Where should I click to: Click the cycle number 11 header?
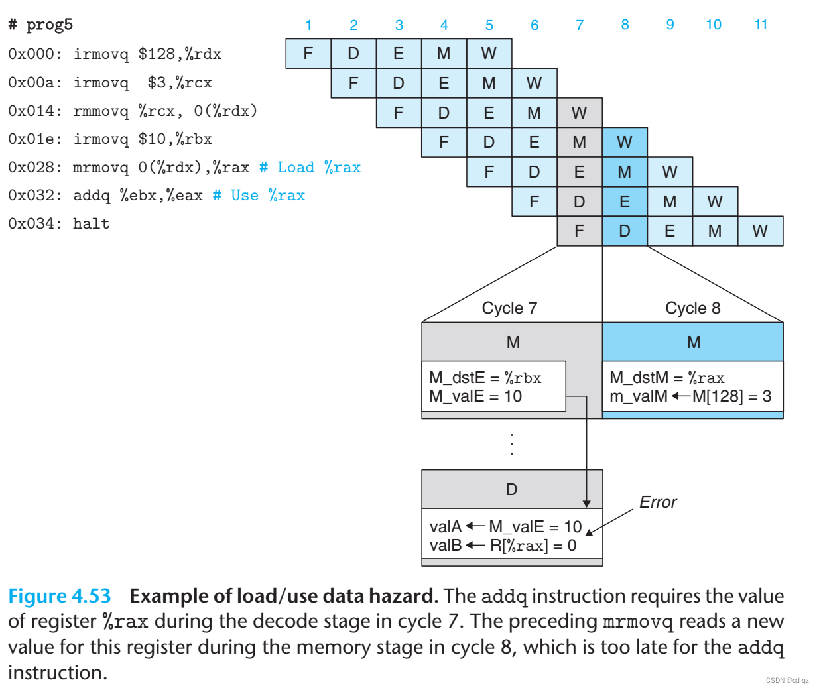[x=761, y=25]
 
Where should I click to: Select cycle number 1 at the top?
[x=308, y=25]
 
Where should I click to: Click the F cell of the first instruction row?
[x=308, y=54]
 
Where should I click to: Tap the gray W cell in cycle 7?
[x=579, y=113]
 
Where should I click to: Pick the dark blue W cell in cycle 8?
[x=625, y=142]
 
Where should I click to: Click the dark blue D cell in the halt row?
[x=625, y=231]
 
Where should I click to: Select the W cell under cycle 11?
[x=760, y=231]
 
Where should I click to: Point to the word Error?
[x=658, y=502]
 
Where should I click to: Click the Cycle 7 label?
[x=509, y=308]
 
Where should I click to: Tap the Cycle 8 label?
[x=692, y=308]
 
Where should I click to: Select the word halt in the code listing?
[x=91, y=224]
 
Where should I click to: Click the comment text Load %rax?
[x=318, y=168]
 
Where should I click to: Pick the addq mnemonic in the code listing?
[x=92, y=196]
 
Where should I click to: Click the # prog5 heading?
[x=40, y=25]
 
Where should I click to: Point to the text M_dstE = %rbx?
[x=485, y=378]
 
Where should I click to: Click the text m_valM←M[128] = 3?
[x=690, y=396]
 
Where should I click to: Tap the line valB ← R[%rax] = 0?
[x=503, y=546]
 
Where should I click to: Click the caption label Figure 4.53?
[x=60, y=596]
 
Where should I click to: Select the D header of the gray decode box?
[x=512, y=489]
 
